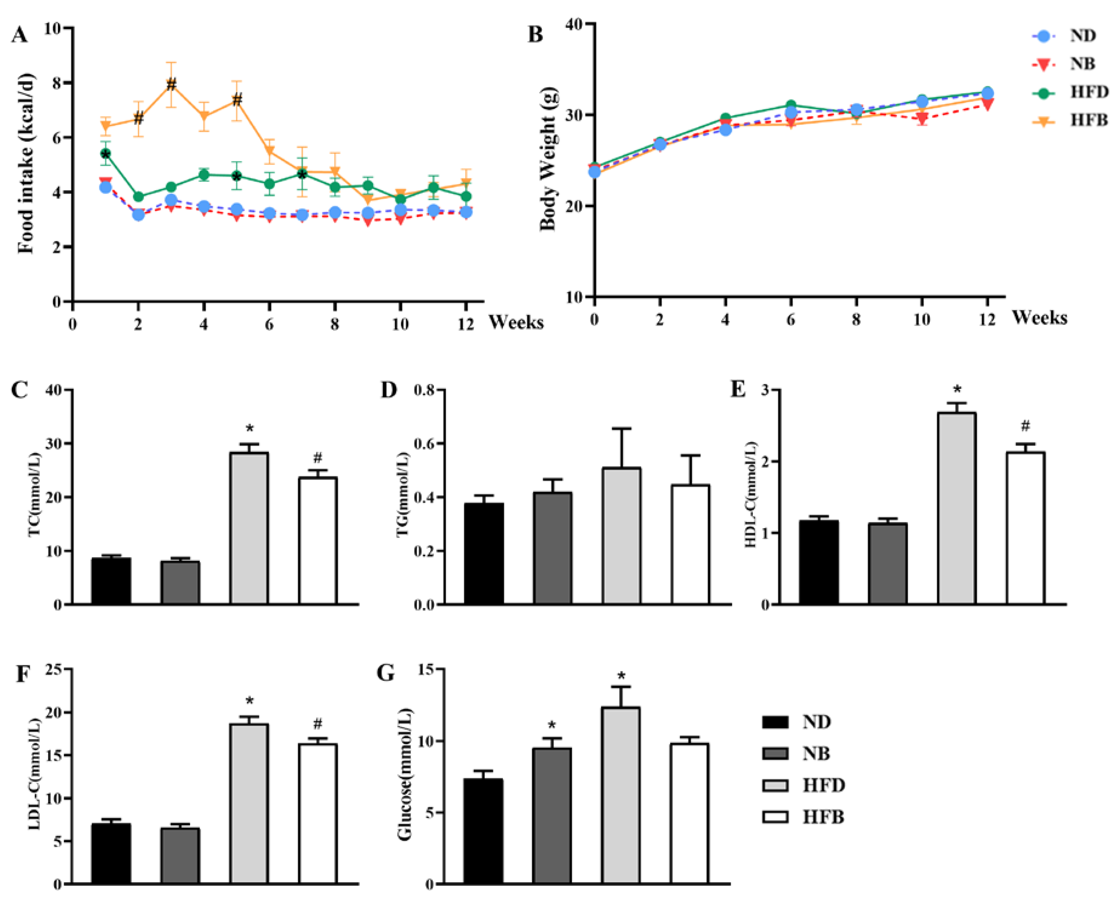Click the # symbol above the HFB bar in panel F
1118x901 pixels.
tap(318, 724)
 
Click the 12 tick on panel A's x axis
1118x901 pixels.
tap(466, 324)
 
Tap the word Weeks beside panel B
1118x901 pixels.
tap(1039, 318)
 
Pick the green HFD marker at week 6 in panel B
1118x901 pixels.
tap(791, 106)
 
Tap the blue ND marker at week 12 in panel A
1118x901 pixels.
tap(466, 212)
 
